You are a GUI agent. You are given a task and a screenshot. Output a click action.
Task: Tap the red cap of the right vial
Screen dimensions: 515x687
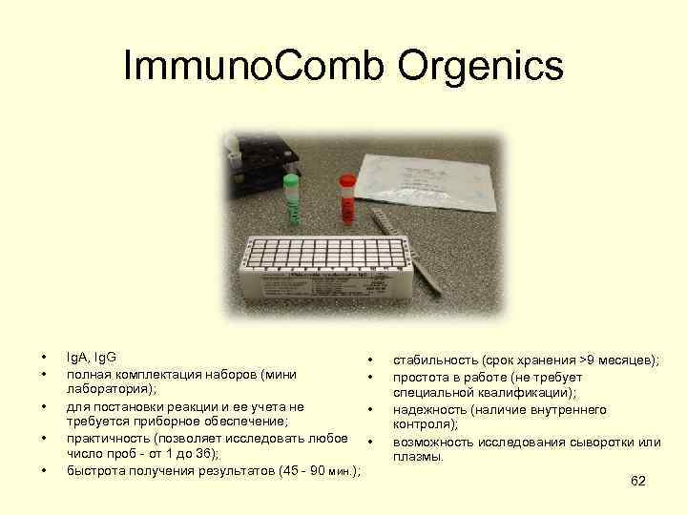click(347, 178)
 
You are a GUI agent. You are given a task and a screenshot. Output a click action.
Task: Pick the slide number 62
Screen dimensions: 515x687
click(638, 481)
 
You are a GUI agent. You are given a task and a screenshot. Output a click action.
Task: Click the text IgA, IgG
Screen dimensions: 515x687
click(92, 359)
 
